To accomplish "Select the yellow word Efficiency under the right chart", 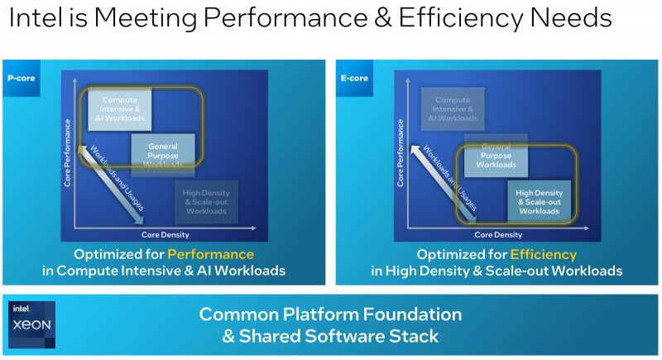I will [x=544, y=254].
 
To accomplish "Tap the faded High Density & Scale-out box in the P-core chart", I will [x=205, y=201].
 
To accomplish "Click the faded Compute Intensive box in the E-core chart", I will [x=452, y=108].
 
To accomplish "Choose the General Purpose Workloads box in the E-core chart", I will [x=496, y=155].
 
